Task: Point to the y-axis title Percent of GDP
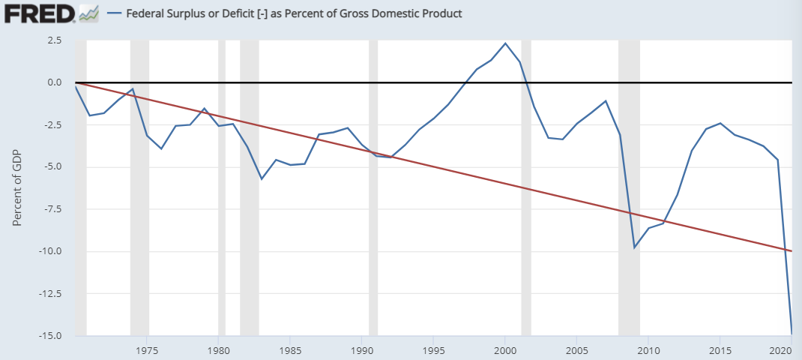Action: click(16, 187)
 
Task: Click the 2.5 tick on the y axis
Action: click(54, 40)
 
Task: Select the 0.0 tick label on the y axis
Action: click(54, 82)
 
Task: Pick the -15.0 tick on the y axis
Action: click(49, 335)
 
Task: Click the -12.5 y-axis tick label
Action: click(49, 293)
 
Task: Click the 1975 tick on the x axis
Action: click(147, 350)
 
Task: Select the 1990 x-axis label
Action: click(362, 350)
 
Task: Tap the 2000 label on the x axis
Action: click(505, 350)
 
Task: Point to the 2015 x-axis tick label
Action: click(720, 350)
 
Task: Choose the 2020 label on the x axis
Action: click(780, 350)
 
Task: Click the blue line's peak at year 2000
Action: click(505, 43)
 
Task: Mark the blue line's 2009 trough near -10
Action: click(634, 247)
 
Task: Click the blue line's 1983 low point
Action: click(262, 178)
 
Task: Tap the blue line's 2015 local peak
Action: click(720, 123)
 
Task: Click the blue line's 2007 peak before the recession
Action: click(606, 100)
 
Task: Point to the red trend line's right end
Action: click(791, 250)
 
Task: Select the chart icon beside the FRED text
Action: click(88, 13)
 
